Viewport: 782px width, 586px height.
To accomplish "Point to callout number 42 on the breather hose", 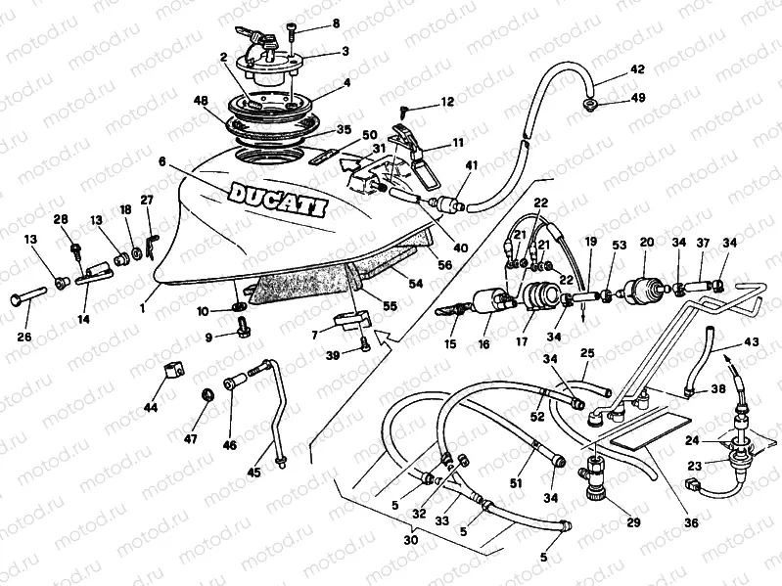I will coord(637,69).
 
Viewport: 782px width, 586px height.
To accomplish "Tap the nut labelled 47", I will coord(207,394).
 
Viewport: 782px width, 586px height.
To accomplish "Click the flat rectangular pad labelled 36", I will coord(652,434).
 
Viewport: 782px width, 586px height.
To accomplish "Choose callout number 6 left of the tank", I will coord(161,161).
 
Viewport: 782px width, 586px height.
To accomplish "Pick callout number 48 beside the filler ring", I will coord(201,101).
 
